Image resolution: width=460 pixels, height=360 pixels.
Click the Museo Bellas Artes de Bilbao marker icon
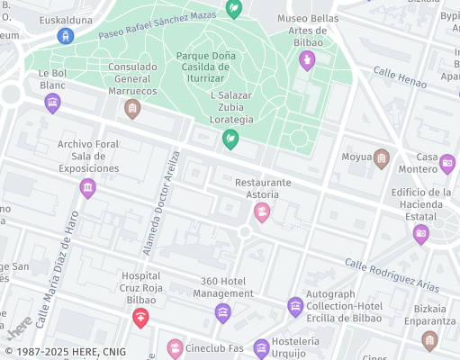click(x=307, y=60)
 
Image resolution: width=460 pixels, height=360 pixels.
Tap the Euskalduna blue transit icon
click(x=65, y=35)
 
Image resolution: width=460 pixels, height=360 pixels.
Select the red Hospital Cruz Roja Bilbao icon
click(x=140, y=317)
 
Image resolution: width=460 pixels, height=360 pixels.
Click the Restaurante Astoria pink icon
click(x=262, y=212)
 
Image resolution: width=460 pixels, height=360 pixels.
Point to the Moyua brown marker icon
click(x=382, y=158)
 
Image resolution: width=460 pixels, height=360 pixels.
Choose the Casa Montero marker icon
click(x=447, y=164)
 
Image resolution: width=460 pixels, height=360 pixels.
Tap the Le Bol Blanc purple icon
click(x=53, y=103)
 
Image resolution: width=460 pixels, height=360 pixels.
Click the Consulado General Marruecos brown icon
click(x=132, y=109)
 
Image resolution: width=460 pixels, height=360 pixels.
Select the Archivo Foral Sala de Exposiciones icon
click(x=87, y=187)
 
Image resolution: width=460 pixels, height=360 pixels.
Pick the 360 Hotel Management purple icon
click(x=223, y=312)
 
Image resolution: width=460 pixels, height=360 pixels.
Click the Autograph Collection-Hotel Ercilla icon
click(x=295, y=307)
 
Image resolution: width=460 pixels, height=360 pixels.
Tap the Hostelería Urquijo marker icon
click(x=261, y=347)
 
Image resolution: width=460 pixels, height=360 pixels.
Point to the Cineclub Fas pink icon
click(x=176, y=347)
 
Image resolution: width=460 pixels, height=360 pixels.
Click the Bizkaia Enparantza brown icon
click(x=429, y=339)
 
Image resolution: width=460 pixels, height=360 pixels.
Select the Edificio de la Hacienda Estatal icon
click(x=420, y=233)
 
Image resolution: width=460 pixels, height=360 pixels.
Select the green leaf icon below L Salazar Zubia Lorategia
click(x=230, y=139)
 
